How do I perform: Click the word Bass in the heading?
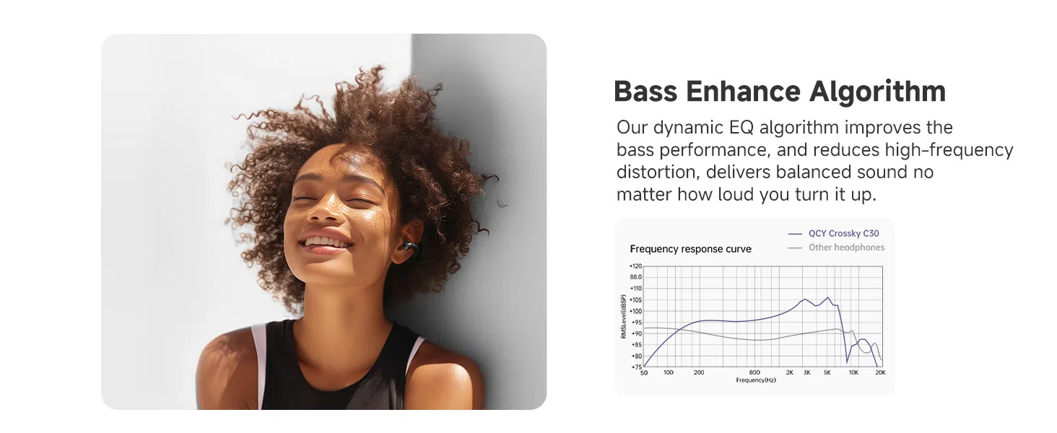click(645, 92)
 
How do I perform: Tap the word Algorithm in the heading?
click(878, 92)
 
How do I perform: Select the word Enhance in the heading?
click(743, 92)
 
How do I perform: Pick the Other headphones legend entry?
click(836, 248)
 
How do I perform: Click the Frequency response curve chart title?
click(690, 249)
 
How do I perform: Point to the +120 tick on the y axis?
click(635, 266)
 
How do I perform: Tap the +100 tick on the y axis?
click(635, 311)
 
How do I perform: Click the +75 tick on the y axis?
click(637, 367)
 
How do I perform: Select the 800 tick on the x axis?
click(754, 372)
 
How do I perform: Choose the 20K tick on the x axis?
click(880, 372)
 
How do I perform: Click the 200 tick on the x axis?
click(699, 372)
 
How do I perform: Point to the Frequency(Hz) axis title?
click(756, 380)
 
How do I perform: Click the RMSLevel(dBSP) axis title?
click(623, 317)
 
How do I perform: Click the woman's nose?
click(325, 209)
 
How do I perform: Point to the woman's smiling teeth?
click(327, 242)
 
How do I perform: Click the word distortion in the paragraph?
click(656, 172)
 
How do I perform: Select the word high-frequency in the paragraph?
click(949, 150)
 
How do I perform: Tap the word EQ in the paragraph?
click(741, 128)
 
